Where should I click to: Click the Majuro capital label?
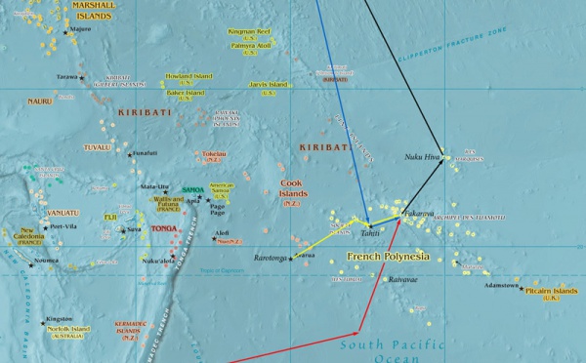(81, 29)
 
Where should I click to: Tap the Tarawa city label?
(67, 76)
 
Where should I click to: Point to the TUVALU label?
(98, 147)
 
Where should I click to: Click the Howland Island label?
(189, 75)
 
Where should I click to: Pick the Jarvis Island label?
(268, 85)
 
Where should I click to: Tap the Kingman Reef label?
(251, 32)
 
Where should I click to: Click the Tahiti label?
(369, 233)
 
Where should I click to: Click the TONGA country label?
(164, 227)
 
